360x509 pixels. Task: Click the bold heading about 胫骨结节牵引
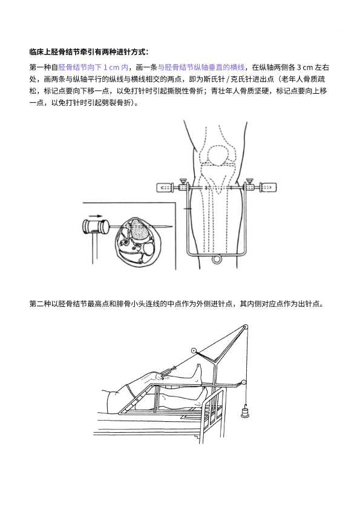tap(90, 52)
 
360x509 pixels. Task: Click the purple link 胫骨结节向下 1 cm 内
tap(93, 68)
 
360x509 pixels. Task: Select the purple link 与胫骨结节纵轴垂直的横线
tap(201, 68)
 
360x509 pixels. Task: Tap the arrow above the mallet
tap(95, 215)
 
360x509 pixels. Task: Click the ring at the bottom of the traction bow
tap(217, 259)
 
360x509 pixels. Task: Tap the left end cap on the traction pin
tap(165, 188)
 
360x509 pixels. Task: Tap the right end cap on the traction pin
tap(269, 188)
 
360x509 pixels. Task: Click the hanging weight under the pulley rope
tap(246, 412)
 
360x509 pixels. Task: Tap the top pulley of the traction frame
tap(246, 327)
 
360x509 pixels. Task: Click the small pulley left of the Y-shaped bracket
tap(194, 350)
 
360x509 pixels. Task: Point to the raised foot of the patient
tap(197, 374)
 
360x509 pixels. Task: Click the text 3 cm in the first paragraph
tap(305, 68)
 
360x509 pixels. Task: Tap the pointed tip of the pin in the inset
tap(172, 226)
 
